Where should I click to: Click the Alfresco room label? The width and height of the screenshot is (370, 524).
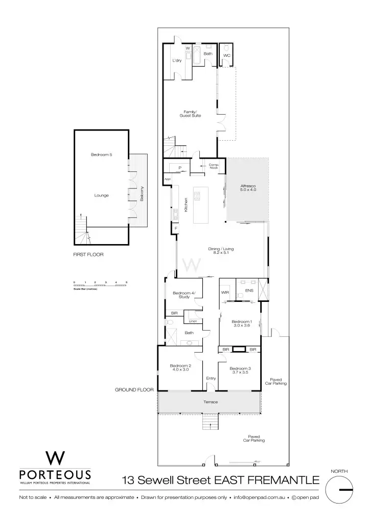(x=248, y=188)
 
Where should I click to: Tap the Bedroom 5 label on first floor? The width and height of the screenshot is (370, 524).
(x=101, y=155)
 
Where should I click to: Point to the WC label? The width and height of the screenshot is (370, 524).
(x=227, y=55)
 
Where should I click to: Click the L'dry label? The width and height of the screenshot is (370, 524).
(x=177, y=60)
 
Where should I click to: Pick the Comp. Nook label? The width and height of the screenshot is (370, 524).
(x=214, y=166)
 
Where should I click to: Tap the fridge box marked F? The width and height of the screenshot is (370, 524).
(x=176, y=228)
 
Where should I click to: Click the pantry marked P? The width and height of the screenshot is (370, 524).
(x=180, y=168)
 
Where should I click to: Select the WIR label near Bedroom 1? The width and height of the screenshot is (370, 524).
(x=225, y=292)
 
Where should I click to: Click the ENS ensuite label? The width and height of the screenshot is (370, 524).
(x=249, y=291)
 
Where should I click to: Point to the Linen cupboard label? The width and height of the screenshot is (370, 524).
(x=192, y=321)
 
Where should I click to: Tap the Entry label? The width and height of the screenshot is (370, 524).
(x=211, y=378)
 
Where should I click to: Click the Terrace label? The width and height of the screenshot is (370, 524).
(x=211, y=402)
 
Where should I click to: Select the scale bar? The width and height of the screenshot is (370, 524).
(x=100, y=286)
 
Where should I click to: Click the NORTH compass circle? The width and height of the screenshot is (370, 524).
(x=339, y=490)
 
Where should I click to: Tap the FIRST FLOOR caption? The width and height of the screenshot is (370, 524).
(x=88, y=254)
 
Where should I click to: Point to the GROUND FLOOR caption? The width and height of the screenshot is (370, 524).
(x=134, y=389)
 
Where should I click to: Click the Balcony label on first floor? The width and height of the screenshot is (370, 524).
(x=142, y=193)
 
